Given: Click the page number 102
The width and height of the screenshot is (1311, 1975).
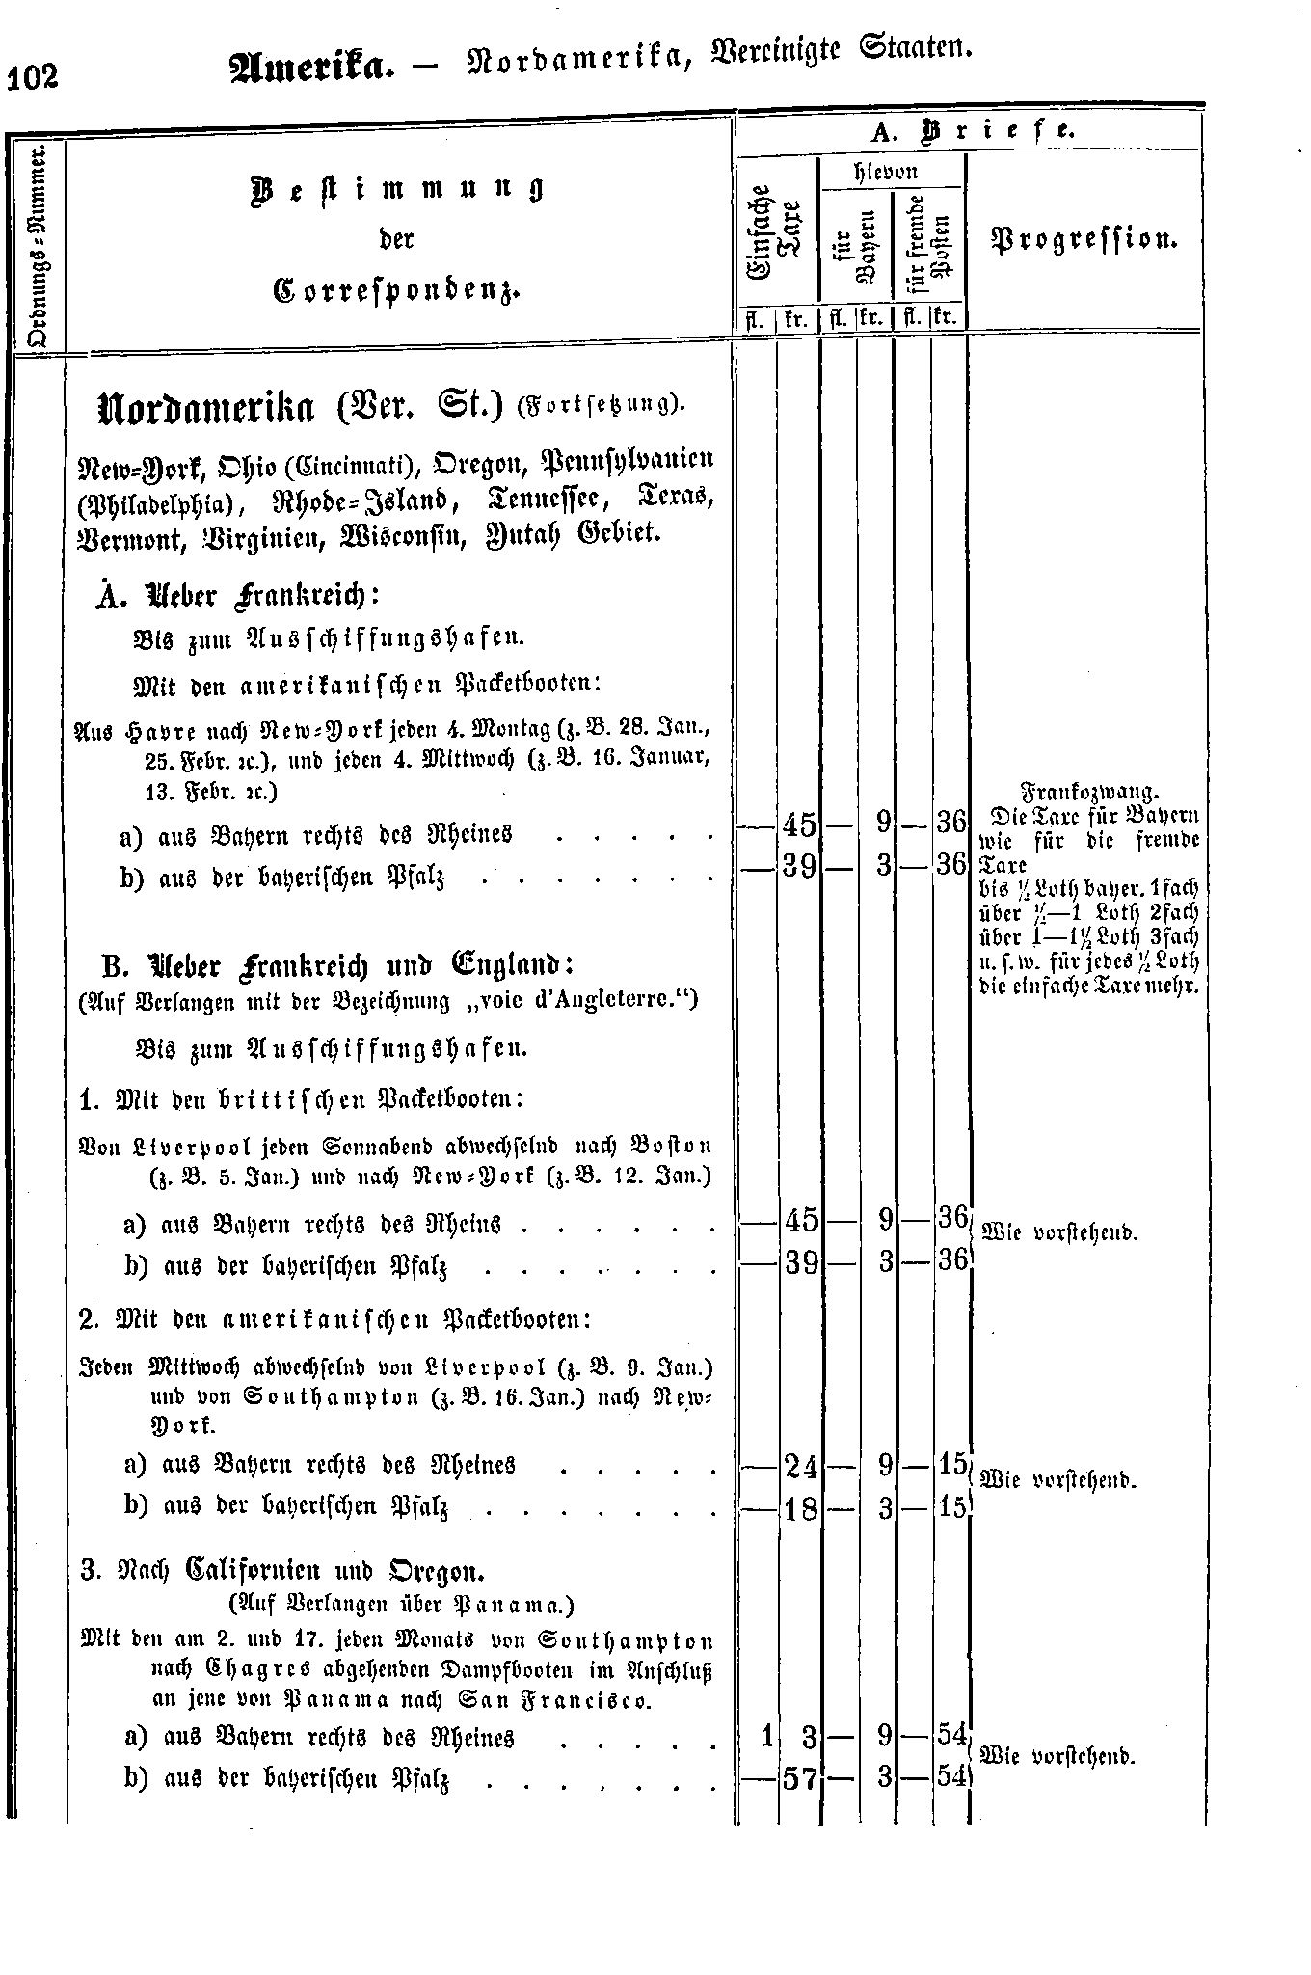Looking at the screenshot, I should [x=33, y=76].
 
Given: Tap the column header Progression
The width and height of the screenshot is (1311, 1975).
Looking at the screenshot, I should [x=1084, y=239].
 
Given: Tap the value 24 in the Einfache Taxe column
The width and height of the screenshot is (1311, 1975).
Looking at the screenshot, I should [x=800, y=1468].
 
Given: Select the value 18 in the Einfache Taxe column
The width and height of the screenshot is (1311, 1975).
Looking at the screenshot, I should [x=800, y=1507].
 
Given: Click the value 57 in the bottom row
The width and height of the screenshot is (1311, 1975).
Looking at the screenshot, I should [x=800, y=1777].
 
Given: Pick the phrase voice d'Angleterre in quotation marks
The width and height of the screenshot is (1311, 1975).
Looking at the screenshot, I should [x=594, y=1000].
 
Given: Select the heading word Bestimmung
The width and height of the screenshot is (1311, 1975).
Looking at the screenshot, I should [x=396, y=187].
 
